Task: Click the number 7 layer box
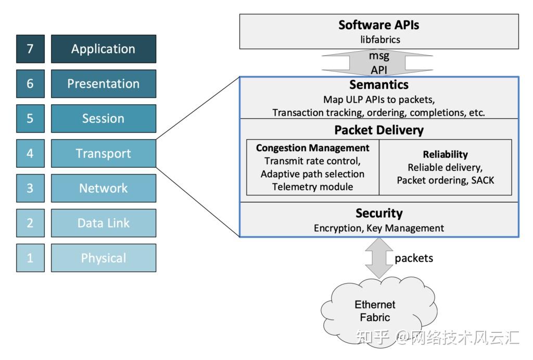tap(30, 49)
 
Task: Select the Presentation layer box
tap(103, 84)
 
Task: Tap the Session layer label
tap(103, 119)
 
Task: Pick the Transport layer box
tap(103, 154)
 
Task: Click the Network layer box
tap(103, 188)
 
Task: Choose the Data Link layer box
tap(103, 223)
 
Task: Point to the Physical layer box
tap(103, 258)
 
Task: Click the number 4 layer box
tap(30, 154)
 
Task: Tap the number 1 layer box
tap(30, 258)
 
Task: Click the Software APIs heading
tap(378, 24)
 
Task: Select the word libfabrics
tap(378, 39)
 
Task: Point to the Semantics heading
tap(379, 85)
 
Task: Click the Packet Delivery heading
tap(379, 130)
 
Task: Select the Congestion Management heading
tap(312, 148)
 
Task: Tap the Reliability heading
tap(445, 154)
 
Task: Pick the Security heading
tap(379, 213)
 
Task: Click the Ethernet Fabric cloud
tap(375, 311)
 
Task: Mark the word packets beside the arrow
tap(414, 258)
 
